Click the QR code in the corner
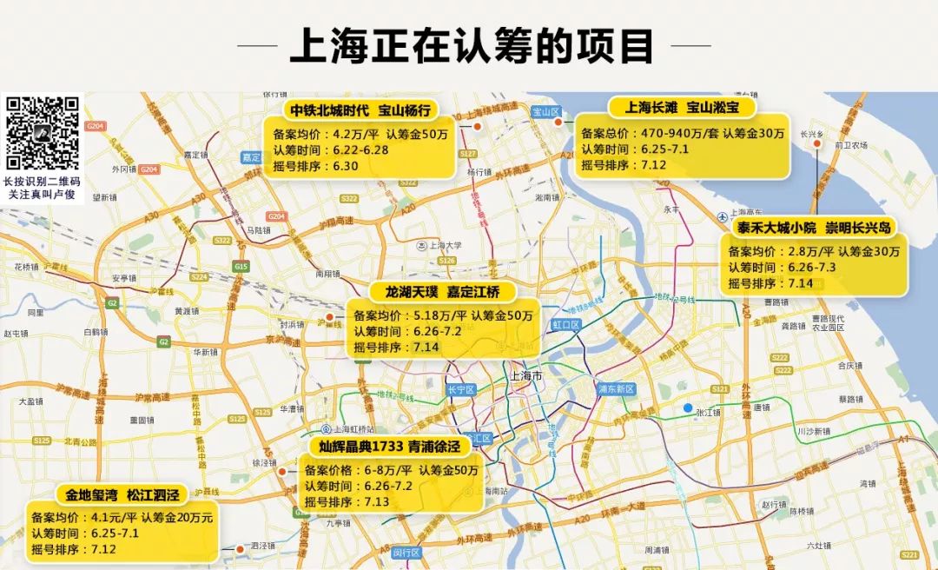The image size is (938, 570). [x=43, y=133]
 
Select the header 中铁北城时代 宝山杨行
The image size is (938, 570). [x=360, y=109]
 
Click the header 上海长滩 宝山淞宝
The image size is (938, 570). [x=682, y=108]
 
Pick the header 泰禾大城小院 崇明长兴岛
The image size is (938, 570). [x=814, y=228]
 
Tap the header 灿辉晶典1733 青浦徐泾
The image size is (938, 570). [x=389, y=447]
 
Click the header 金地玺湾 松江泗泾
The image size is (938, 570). [x=122, y=494]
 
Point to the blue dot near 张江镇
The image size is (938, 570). [x=688, y=408]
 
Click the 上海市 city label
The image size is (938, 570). [x=525, y=376]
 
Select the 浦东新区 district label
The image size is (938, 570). [x=617, y=388]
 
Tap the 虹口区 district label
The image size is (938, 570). [x=565, y=324]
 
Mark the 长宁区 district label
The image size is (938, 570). [x=460, y=390]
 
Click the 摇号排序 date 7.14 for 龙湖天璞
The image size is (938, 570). [x=427, y=347]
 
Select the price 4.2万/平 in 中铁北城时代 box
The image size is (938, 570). [x=351, y=135]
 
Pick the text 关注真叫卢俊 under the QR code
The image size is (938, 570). [x=43, y=194]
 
